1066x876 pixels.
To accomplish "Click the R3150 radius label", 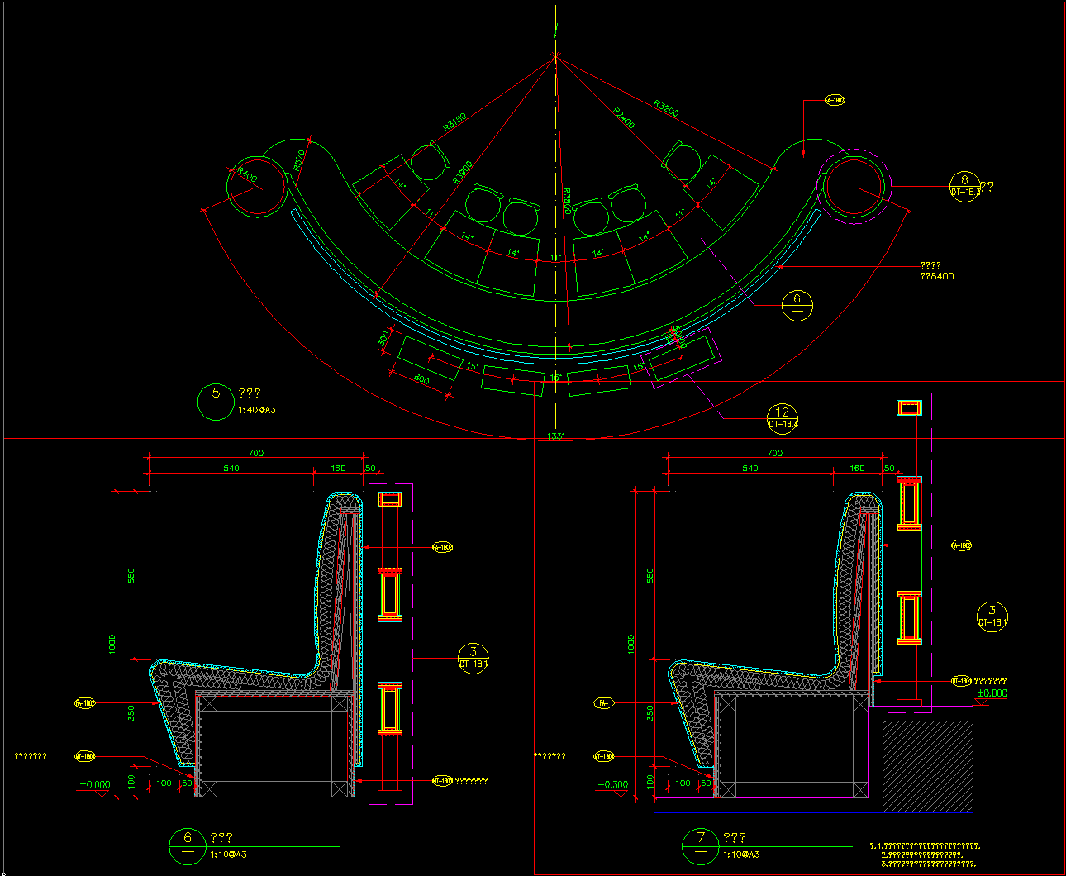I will coord(454,121).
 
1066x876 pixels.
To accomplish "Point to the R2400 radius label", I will coord(624,117).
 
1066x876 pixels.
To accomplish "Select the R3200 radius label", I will coord(666,108).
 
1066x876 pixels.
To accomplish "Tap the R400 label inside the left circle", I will coord(247,175).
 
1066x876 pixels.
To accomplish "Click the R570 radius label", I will coord(299,159).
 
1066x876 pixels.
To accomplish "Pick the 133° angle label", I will coord(555,436).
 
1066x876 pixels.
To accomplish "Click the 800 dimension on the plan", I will coord(421,380).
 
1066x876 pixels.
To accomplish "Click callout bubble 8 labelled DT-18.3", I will coord(965,185).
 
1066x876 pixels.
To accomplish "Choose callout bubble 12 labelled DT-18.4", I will coord(783,418).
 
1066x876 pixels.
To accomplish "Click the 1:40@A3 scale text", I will coord(257,410).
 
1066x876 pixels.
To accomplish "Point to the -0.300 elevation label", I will coord(612,785).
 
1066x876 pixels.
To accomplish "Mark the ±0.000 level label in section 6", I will coord(95,785).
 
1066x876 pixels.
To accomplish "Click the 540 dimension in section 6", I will coord(231,469).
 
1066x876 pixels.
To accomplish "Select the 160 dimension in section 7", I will coord(857,469).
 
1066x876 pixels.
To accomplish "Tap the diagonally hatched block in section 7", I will coord(927,766).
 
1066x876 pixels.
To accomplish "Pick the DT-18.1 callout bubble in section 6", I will coord(473,659).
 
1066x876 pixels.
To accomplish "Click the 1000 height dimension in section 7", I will coord(631,644).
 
